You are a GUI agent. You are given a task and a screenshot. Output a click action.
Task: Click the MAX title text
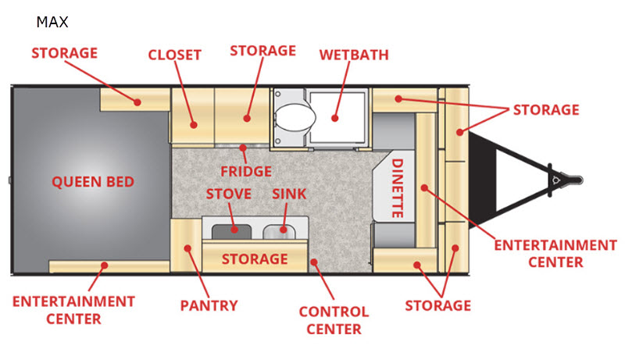pos(52,22)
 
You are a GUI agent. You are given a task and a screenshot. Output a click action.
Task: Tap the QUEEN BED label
pos(93,182)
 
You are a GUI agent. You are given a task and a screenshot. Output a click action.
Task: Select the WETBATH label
pos(354,55)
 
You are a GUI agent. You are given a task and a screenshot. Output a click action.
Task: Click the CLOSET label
pos(175,55)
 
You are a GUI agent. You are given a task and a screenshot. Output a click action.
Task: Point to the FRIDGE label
pos(245,171)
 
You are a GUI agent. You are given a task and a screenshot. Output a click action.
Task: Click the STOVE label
pos(229,194)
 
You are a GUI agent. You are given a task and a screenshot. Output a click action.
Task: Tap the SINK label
pos(290,194)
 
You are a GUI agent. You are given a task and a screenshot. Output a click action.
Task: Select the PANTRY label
pos(209,305)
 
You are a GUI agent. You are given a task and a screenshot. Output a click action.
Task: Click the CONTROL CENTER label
pos(334,320)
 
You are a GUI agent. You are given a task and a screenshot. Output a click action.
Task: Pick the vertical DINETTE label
pos(398,187)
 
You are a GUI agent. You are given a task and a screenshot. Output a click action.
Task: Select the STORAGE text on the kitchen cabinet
pos(255,258)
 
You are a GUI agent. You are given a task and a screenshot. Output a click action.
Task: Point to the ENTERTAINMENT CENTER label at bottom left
pos(73,309)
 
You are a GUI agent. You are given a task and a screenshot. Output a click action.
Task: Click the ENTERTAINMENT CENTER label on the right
pos(555,254)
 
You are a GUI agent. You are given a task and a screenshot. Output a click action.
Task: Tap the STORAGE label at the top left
pos(64,53)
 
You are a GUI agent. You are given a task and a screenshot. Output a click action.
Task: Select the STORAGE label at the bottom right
pos(437,305)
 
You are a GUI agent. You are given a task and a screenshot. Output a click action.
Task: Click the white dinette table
pos(397,187)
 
